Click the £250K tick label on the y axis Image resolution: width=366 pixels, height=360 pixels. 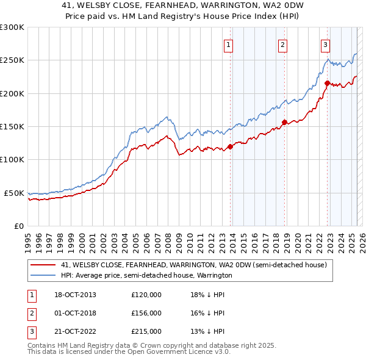pyautogui.click(x=12, y=60)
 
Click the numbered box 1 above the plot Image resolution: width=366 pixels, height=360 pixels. pyautogui.click(x=228, y=44)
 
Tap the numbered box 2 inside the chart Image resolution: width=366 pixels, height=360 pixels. pyautogui.click(x=283, y=44)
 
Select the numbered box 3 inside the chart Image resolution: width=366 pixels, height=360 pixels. pyautogui.click(x=325, y=44)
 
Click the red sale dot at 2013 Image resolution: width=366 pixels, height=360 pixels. pyautogui.click(x=231, y=146)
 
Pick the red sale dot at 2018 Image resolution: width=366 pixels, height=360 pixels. pyautogui.click(x=284, y=123)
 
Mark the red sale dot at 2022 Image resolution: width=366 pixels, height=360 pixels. pyautogui.click(x=328, y=83)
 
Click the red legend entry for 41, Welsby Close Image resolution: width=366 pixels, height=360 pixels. pyautogui.click(x=194, y=265)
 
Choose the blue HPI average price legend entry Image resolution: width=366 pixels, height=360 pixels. pyautogui.click(x=146, y=276)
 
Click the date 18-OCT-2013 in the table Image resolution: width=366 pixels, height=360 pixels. pyautogui.click(x=74, y=295)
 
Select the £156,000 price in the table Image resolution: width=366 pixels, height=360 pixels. pyautogui.click(x=146, y=313)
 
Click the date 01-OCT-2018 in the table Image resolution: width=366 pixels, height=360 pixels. pyautogui.click(x=74, y=313)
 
